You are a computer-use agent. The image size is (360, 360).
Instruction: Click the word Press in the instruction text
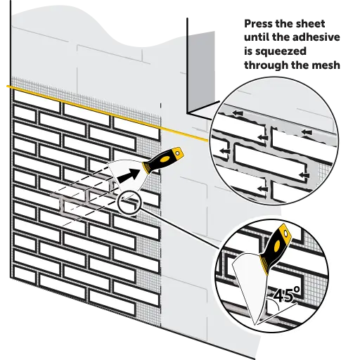pos(258,24)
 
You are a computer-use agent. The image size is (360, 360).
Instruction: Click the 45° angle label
pos(286,295)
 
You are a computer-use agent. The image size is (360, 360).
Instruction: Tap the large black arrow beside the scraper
pos(128,176)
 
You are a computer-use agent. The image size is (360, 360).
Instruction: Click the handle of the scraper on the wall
pos(163,160)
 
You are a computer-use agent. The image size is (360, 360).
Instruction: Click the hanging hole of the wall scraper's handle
pos(178,153)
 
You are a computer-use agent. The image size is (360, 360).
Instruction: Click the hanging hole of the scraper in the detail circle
pos(285,234)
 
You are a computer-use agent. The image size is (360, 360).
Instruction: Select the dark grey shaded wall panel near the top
pos(202,70)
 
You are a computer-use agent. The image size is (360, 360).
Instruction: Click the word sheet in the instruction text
pos(311,24)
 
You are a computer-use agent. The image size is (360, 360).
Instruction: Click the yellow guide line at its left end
pos(7,86)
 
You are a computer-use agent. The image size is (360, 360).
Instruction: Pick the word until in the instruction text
pos(257,37)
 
